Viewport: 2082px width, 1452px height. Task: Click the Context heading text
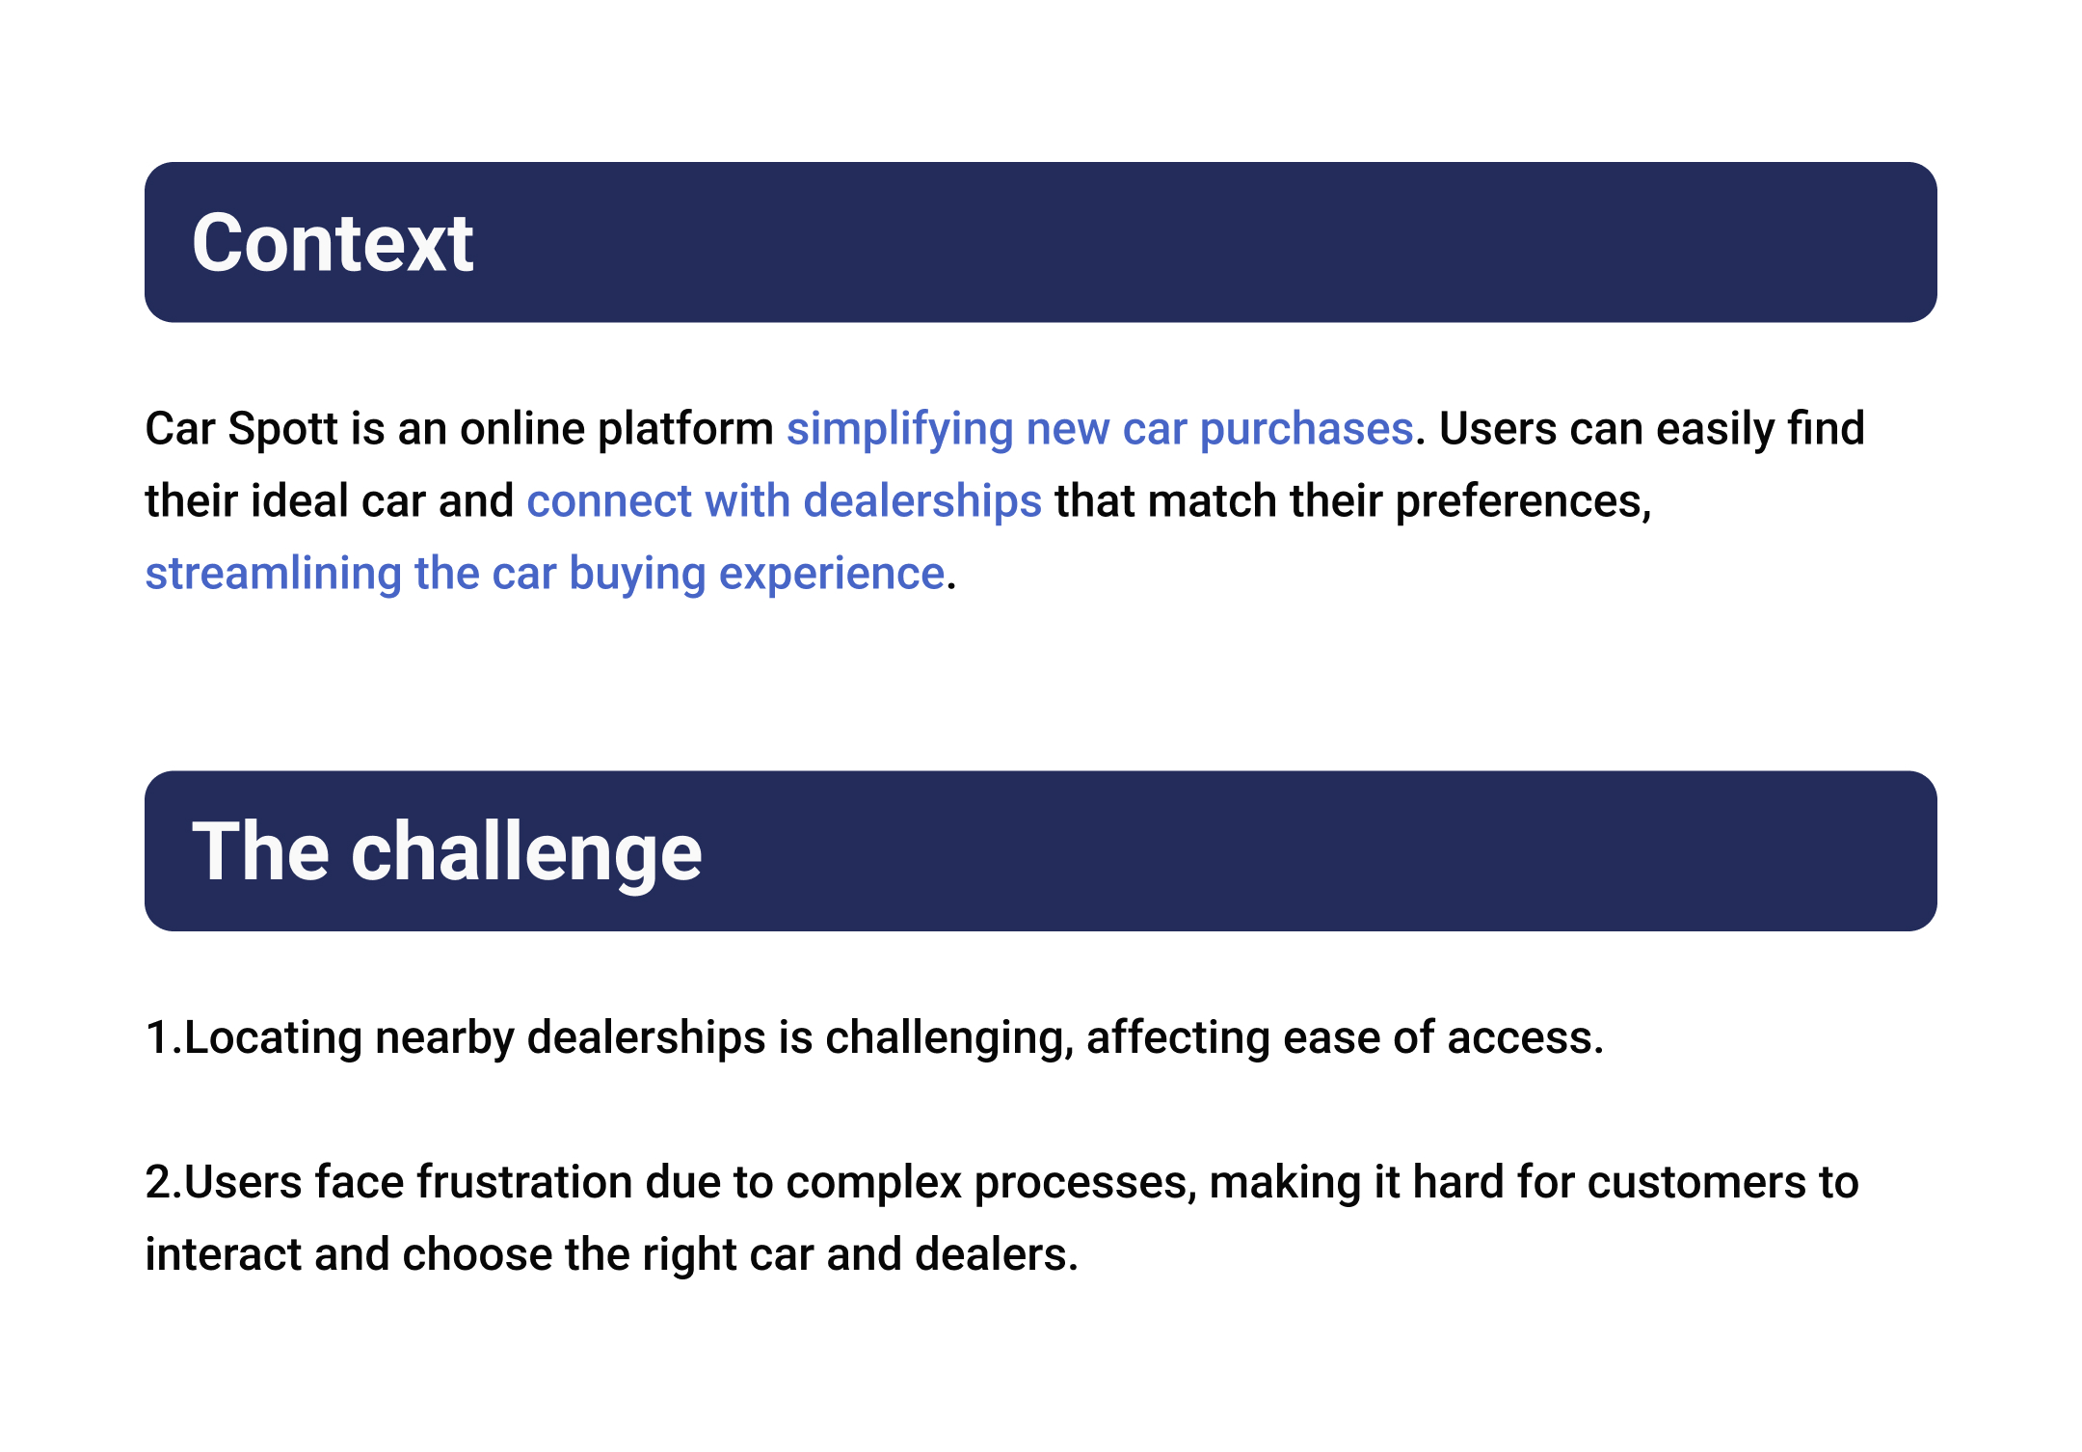(x=333, y=243)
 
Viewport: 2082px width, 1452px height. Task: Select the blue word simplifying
(x=899, y=430)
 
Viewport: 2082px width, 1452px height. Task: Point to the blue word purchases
(x=1306, y=430)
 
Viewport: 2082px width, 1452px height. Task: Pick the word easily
(x=1714, y=430)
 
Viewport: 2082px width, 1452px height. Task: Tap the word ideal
(x=299, y=501)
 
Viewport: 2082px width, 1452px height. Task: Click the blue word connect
(x=609, y=502)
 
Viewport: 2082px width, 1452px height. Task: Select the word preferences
(x=1523, y=502)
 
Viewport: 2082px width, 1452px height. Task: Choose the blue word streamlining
(x=273, y=575)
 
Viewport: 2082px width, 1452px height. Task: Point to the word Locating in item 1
(x=273, y=1038)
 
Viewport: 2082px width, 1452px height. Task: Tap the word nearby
(x=444, y=1038)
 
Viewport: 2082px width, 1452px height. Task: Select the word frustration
(x=524, y=1183)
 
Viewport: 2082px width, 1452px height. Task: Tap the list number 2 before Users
(x=158, y=1183)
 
